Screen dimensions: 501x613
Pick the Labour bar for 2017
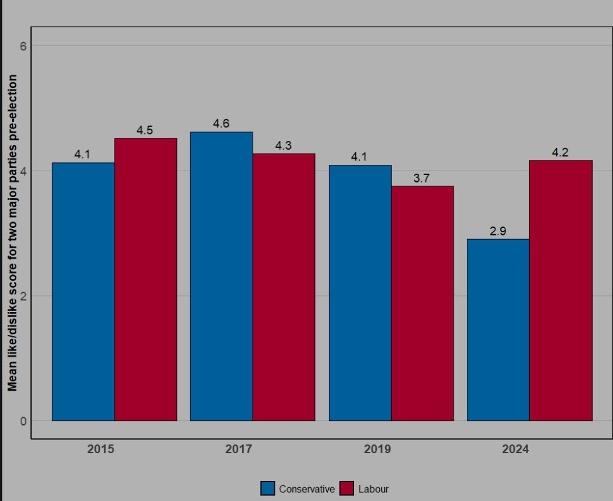pyautogui.click(x=284, y=287)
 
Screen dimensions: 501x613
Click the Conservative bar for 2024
pyautogui.click(x=498, y=330)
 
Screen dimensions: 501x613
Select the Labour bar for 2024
pyautogui.click(x=561, y=290)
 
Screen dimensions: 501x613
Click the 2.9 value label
pyautogui.click(x=498, y=231)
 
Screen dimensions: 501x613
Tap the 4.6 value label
pyautogui.click(x=221, y=124)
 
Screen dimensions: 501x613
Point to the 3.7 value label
pyautogui.click(x=422, y=178)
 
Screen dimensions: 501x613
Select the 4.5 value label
pyautogui.click(x=146, y=130)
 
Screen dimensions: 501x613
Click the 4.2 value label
pyautogui.click(x=561, y=152)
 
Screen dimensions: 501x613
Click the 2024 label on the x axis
pyautogui.click(x=515, y=449)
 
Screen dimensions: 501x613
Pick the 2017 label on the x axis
pyautogui.click(x=238, y=449)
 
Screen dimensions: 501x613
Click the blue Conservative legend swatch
pyautogui.click(x=268, y=489)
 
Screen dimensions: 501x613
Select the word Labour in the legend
pyautogui.click(x=374, y=489)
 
